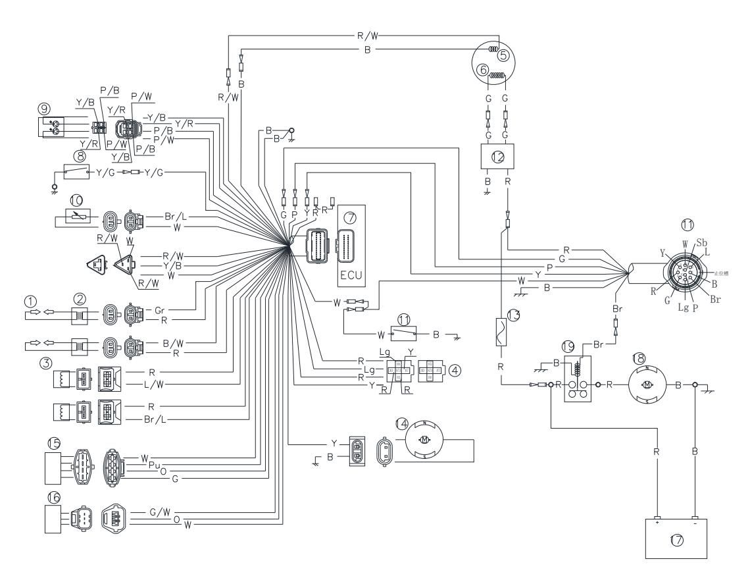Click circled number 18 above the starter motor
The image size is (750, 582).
pos(638,358)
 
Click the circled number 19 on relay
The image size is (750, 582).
pos(568,345)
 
